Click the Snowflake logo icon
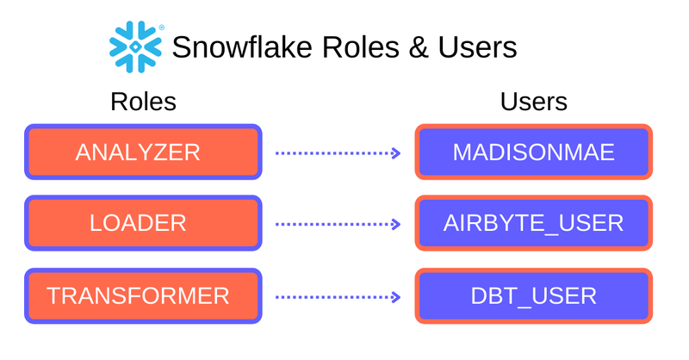[135, 46]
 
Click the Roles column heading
[143, 102]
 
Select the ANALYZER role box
[143, 152]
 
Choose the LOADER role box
[143, 224]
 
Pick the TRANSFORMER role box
[143, 296]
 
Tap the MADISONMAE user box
[533, 152]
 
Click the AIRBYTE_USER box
[533, 224]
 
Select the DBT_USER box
[533, 296]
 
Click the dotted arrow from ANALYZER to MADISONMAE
[337, 153]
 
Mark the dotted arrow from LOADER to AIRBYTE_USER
[337, 224]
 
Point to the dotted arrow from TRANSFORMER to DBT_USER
[337, 297]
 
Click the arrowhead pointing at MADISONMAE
[395, 153]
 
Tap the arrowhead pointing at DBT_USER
[395, 297]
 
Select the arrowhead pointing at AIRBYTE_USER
[395, 224]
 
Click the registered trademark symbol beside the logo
[162, 27]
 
